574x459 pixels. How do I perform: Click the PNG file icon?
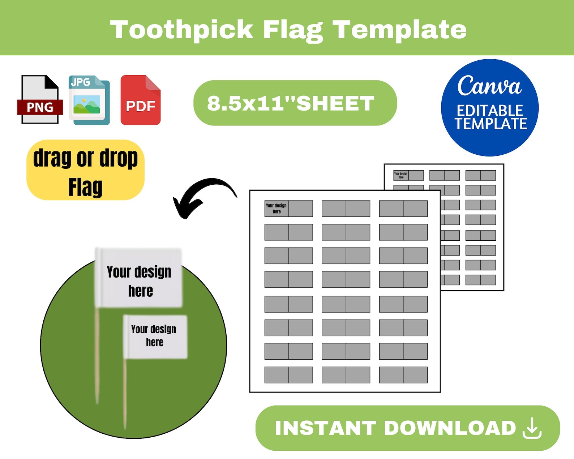40,100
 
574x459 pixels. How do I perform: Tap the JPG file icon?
89,100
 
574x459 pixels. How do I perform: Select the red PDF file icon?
141,100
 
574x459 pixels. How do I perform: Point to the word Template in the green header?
400,29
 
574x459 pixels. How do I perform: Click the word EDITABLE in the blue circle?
490,110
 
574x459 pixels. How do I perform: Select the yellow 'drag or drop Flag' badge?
86,170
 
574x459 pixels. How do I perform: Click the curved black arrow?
202,195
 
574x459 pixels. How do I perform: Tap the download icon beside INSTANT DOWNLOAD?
532,428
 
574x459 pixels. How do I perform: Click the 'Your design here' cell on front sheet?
277,209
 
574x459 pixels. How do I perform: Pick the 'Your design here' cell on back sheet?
401,175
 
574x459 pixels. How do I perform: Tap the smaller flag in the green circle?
155,336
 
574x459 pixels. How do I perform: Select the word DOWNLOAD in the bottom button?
450,428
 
